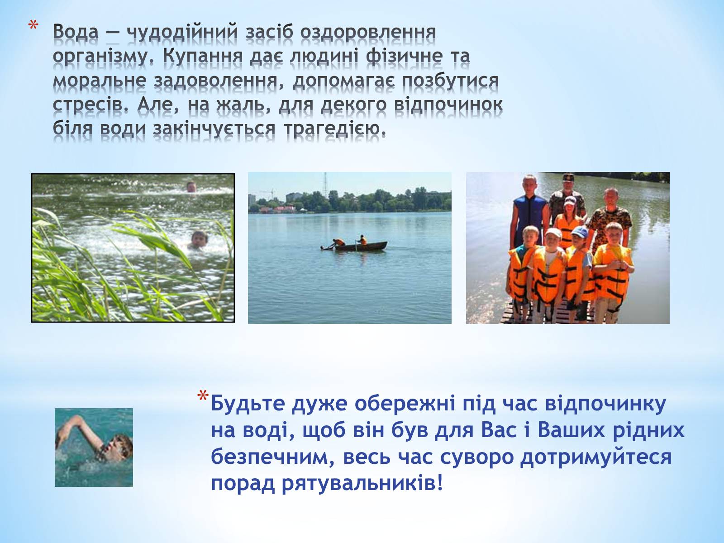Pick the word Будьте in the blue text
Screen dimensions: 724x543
(248, 404)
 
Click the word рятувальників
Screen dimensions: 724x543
(362, 484)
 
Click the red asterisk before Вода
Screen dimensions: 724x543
(33, 26)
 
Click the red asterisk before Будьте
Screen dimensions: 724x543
(203, 396)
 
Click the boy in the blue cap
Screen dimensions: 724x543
(580, 270)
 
